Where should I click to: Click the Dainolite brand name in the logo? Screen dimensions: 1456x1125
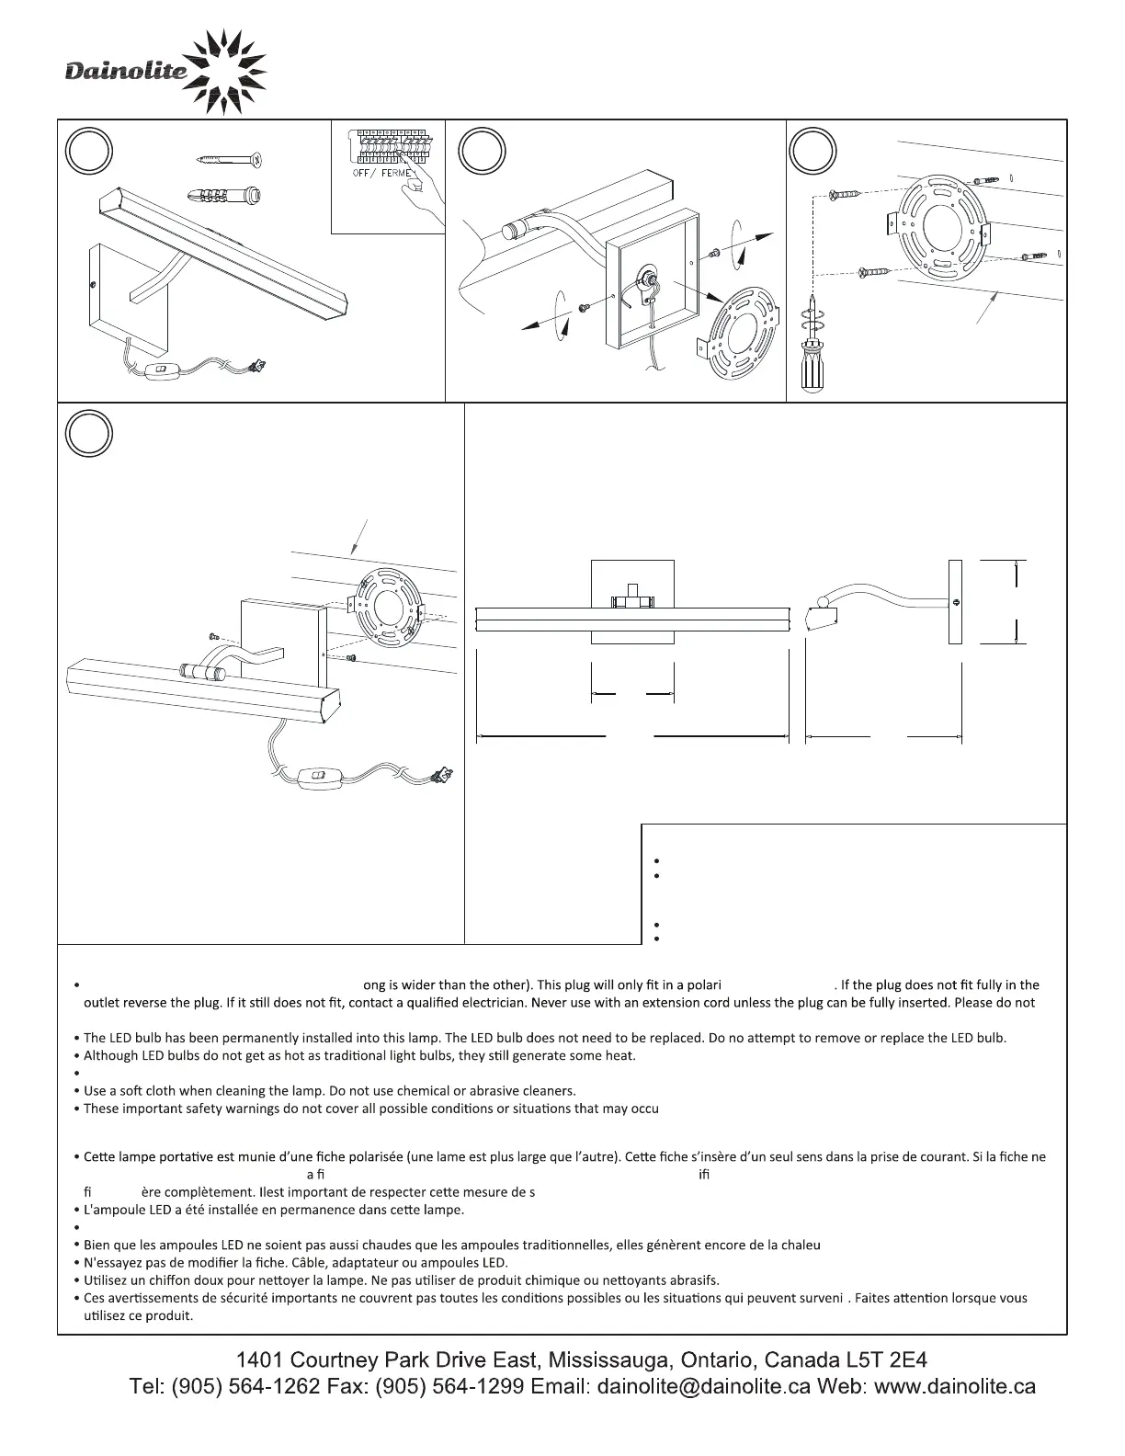(x=126, y=72)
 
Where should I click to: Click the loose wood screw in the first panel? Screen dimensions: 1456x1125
(x=231, y=159)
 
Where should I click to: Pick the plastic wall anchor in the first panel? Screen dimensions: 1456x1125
(x=224, y=196)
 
